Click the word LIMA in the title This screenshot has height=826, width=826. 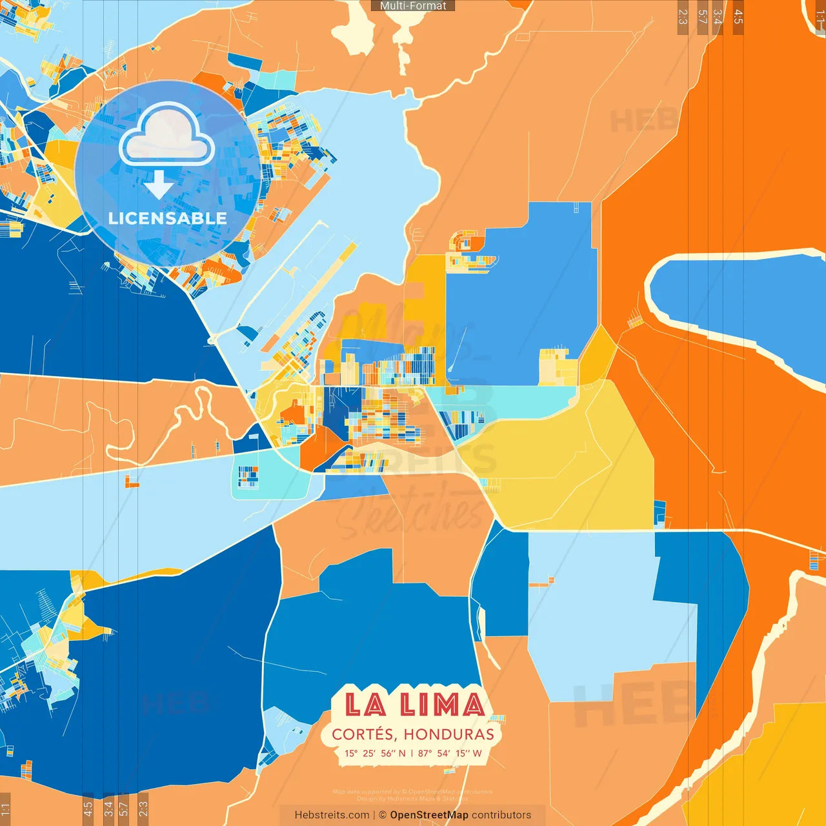click(442, 704)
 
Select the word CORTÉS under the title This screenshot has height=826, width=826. click(363, 734)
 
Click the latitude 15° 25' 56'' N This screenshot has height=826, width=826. click(375, 753)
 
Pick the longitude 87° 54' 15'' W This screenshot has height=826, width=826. click(450, 753)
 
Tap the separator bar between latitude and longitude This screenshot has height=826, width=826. click(412, 753)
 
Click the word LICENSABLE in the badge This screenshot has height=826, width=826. click(168, 218)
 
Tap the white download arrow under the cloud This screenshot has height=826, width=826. click(159, 185)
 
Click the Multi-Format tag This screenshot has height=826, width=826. click(413, 6)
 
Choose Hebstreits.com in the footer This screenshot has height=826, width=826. click(332, 815)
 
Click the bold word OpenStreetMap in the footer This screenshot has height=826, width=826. click(428, 815)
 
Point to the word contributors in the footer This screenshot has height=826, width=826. click(501, 815)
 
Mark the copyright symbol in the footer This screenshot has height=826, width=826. click(382, 815)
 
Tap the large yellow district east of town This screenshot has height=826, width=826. click(568, 465)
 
